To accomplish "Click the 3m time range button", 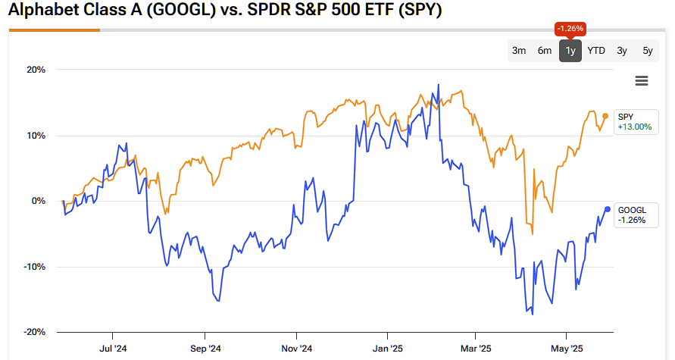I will [519, 51].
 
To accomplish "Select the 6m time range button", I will [545, 51].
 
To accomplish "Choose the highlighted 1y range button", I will [570, 51].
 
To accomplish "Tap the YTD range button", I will [596, 51].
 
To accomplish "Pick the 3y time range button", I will [622, 51].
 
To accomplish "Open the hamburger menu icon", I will [642, 81].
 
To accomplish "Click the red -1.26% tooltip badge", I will [570, 29].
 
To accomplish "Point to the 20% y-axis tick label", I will [36, 70].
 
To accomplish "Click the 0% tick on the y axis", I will [38, 202].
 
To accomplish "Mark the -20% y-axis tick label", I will [34, 333].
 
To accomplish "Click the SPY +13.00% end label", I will [634, 121].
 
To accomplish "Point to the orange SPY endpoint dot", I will [605, 116].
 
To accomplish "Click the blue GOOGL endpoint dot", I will [608, 209].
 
